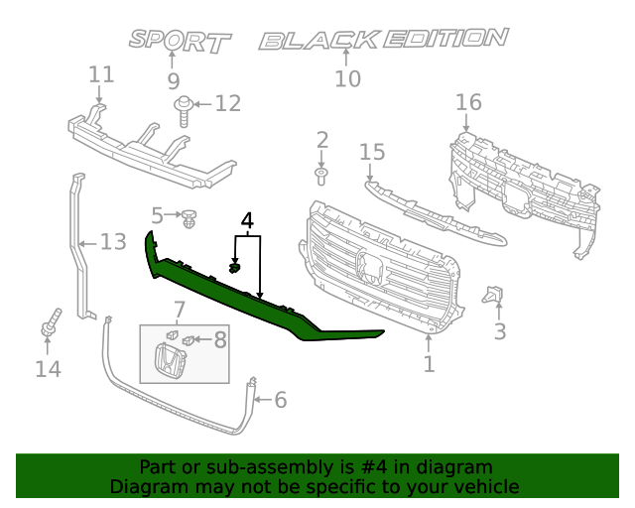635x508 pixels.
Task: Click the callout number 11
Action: click(x=101, y=74)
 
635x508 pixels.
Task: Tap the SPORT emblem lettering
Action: click(x=180, y=41)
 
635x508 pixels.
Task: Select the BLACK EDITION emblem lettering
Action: click(x=383, y=40)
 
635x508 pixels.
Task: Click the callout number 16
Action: click(x=468, y=102)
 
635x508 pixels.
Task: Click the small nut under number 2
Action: click(x=321, y=177)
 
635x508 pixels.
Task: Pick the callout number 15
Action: click(x=372, y=152)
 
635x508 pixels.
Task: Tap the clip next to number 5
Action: click(x=190, y=214)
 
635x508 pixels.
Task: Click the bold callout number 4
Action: click(x=247, y=220)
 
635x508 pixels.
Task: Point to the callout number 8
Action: click(x=220, y=339)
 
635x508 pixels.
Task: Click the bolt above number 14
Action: click(x=50, y=326)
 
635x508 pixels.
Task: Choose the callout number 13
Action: click(x=114, y=241)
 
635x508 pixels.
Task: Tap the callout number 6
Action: click(x=280, y=400)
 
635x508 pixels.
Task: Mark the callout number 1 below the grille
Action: click(x=429, y=365)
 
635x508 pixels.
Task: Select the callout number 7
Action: click(x=180, y=310)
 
